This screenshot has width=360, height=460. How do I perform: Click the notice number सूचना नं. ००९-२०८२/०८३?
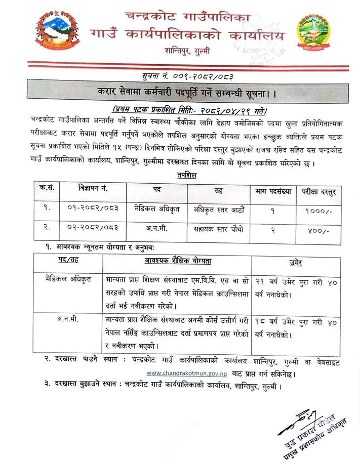(x=181, y=75)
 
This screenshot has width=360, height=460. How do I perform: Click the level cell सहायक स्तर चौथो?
(x=219, y=230)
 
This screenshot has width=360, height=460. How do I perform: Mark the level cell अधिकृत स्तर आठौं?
(x=219, y=208)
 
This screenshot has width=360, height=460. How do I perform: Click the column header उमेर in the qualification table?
(x=296, y=262)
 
